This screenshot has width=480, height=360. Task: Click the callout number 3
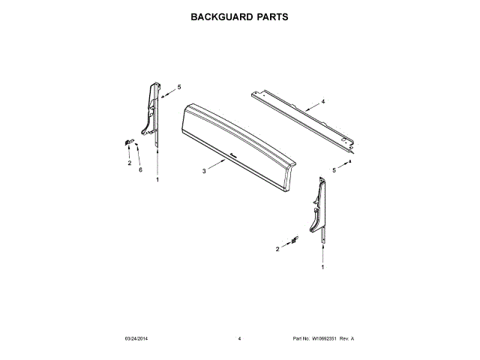(x=204, y=172)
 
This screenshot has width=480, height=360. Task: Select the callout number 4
(x=323, y=100)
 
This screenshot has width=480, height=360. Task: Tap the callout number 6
(x=140, y=170)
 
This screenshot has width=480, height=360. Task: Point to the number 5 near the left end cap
(x=179, y=87)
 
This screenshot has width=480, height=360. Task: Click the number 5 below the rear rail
(x=334, y=171)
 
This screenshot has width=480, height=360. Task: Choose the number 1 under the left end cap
(x=157, y=180)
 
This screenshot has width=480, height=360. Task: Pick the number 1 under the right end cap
(x=323, y=267)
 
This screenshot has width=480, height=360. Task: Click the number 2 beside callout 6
(x=128, y=163)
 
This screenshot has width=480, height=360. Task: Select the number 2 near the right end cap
(x=277, y=248)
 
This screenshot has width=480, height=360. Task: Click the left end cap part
(x=152, y=112)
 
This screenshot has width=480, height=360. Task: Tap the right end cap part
(x=318, y=205)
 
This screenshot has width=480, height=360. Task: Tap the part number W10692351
(x=326, y=339)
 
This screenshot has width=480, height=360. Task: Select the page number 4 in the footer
(x=238, y=339)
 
